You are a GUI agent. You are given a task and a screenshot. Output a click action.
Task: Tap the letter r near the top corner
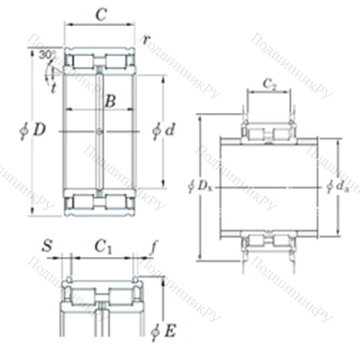coord(146,40)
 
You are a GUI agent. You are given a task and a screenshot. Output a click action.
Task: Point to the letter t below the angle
coord(53,88)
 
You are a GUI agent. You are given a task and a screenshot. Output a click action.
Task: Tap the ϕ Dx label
coord(199,186)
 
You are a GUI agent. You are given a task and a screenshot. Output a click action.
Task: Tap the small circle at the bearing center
coord(99,131)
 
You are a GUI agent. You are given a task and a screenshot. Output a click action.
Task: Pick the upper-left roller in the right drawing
coord(258,134)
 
